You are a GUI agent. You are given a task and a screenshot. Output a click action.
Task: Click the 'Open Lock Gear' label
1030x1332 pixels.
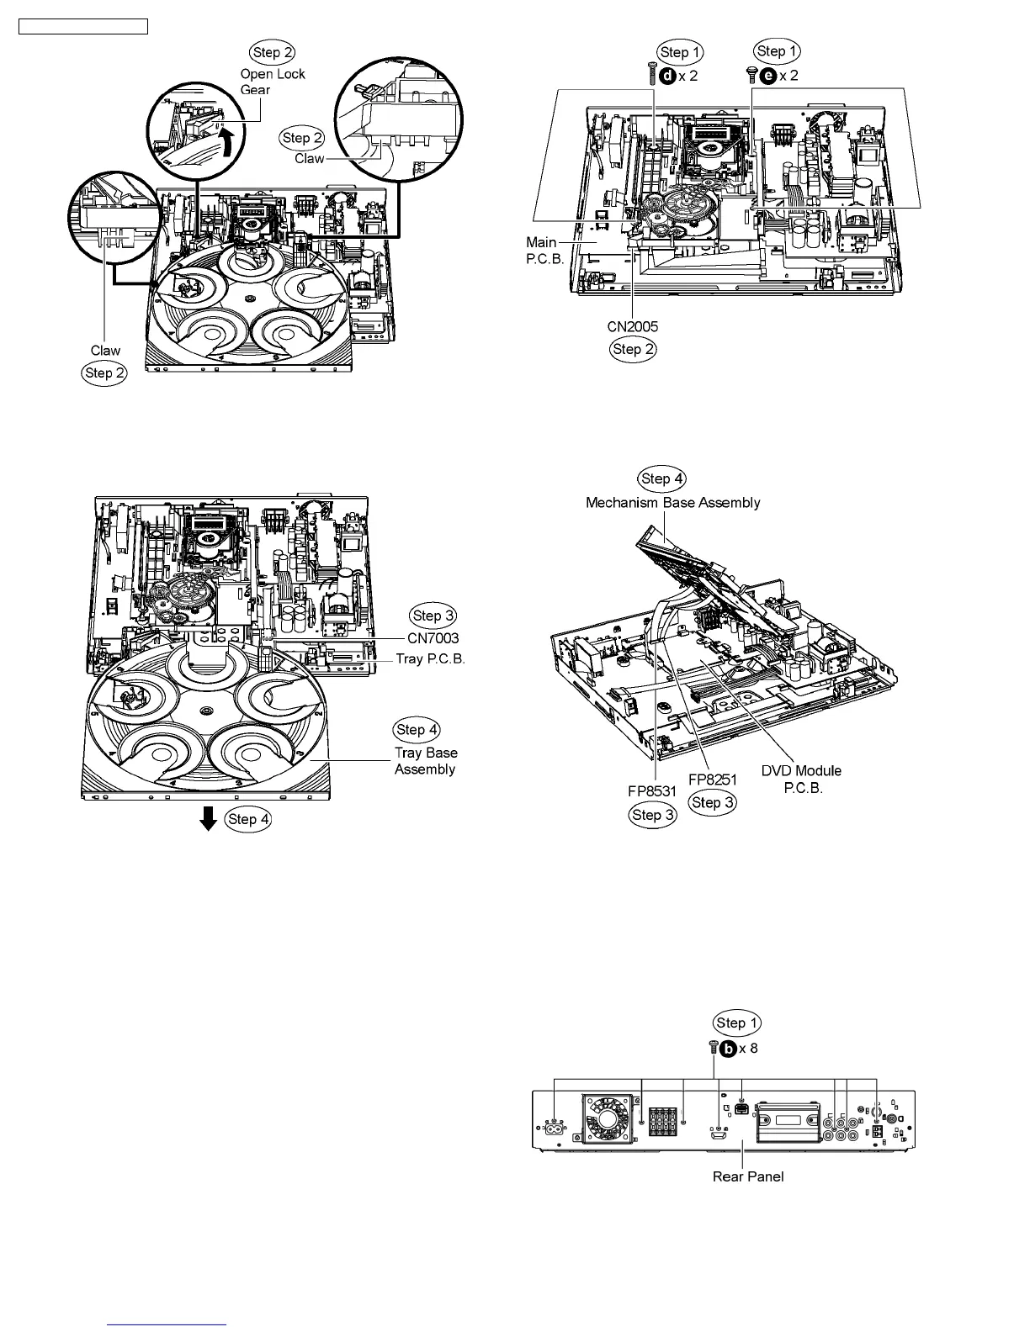pyautogui.click(x=272, y=82)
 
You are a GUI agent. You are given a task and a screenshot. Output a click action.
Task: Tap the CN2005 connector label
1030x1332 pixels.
pyautogui.click(x=633, y=326)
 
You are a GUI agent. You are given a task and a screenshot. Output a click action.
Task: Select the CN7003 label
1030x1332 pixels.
pyautogui.click(x=433, y=638)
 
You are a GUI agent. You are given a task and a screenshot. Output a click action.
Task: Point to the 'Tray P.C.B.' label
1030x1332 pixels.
pyautogui.click(x=430, y=658)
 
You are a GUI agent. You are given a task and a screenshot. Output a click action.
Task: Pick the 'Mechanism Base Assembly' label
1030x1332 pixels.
pyautogui.click(x=672, y=502)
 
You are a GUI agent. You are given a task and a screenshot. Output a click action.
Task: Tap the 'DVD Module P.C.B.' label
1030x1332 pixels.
pyautogui.click(x=801, y=780)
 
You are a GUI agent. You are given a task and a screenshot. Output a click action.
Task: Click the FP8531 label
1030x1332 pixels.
pyautogui.click(x=652, y=791)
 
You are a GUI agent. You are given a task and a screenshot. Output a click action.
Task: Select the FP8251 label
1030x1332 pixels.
pyautogui.click(x=712, y=780)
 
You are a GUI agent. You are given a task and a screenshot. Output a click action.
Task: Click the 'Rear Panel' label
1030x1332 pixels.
pyautogui.click(x=748, y=1176)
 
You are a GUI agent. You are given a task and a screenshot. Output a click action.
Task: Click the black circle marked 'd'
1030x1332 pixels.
pyautogui.click(x=666, y=75)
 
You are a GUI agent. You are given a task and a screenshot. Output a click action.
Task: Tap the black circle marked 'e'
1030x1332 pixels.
pyautogui.click(x=767, y=75)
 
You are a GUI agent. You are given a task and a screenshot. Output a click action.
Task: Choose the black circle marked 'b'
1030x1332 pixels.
pyautogui.click(x=728, y=1048)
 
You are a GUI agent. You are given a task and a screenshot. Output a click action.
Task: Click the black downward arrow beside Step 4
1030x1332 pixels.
pyautogui.click(x=209, y=818)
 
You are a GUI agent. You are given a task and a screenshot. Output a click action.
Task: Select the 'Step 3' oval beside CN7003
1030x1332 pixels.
pyautogui.click(x=433, y=616)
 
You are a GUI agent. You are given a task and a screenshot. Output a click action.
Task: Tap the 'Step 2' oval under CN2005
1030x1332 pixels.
pyautogui.click(x=633, y=350)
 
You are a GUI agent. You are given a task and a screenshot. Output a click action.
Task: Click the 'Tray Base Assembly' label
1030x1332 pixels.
pyautogui.click(x=426, y=761)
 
